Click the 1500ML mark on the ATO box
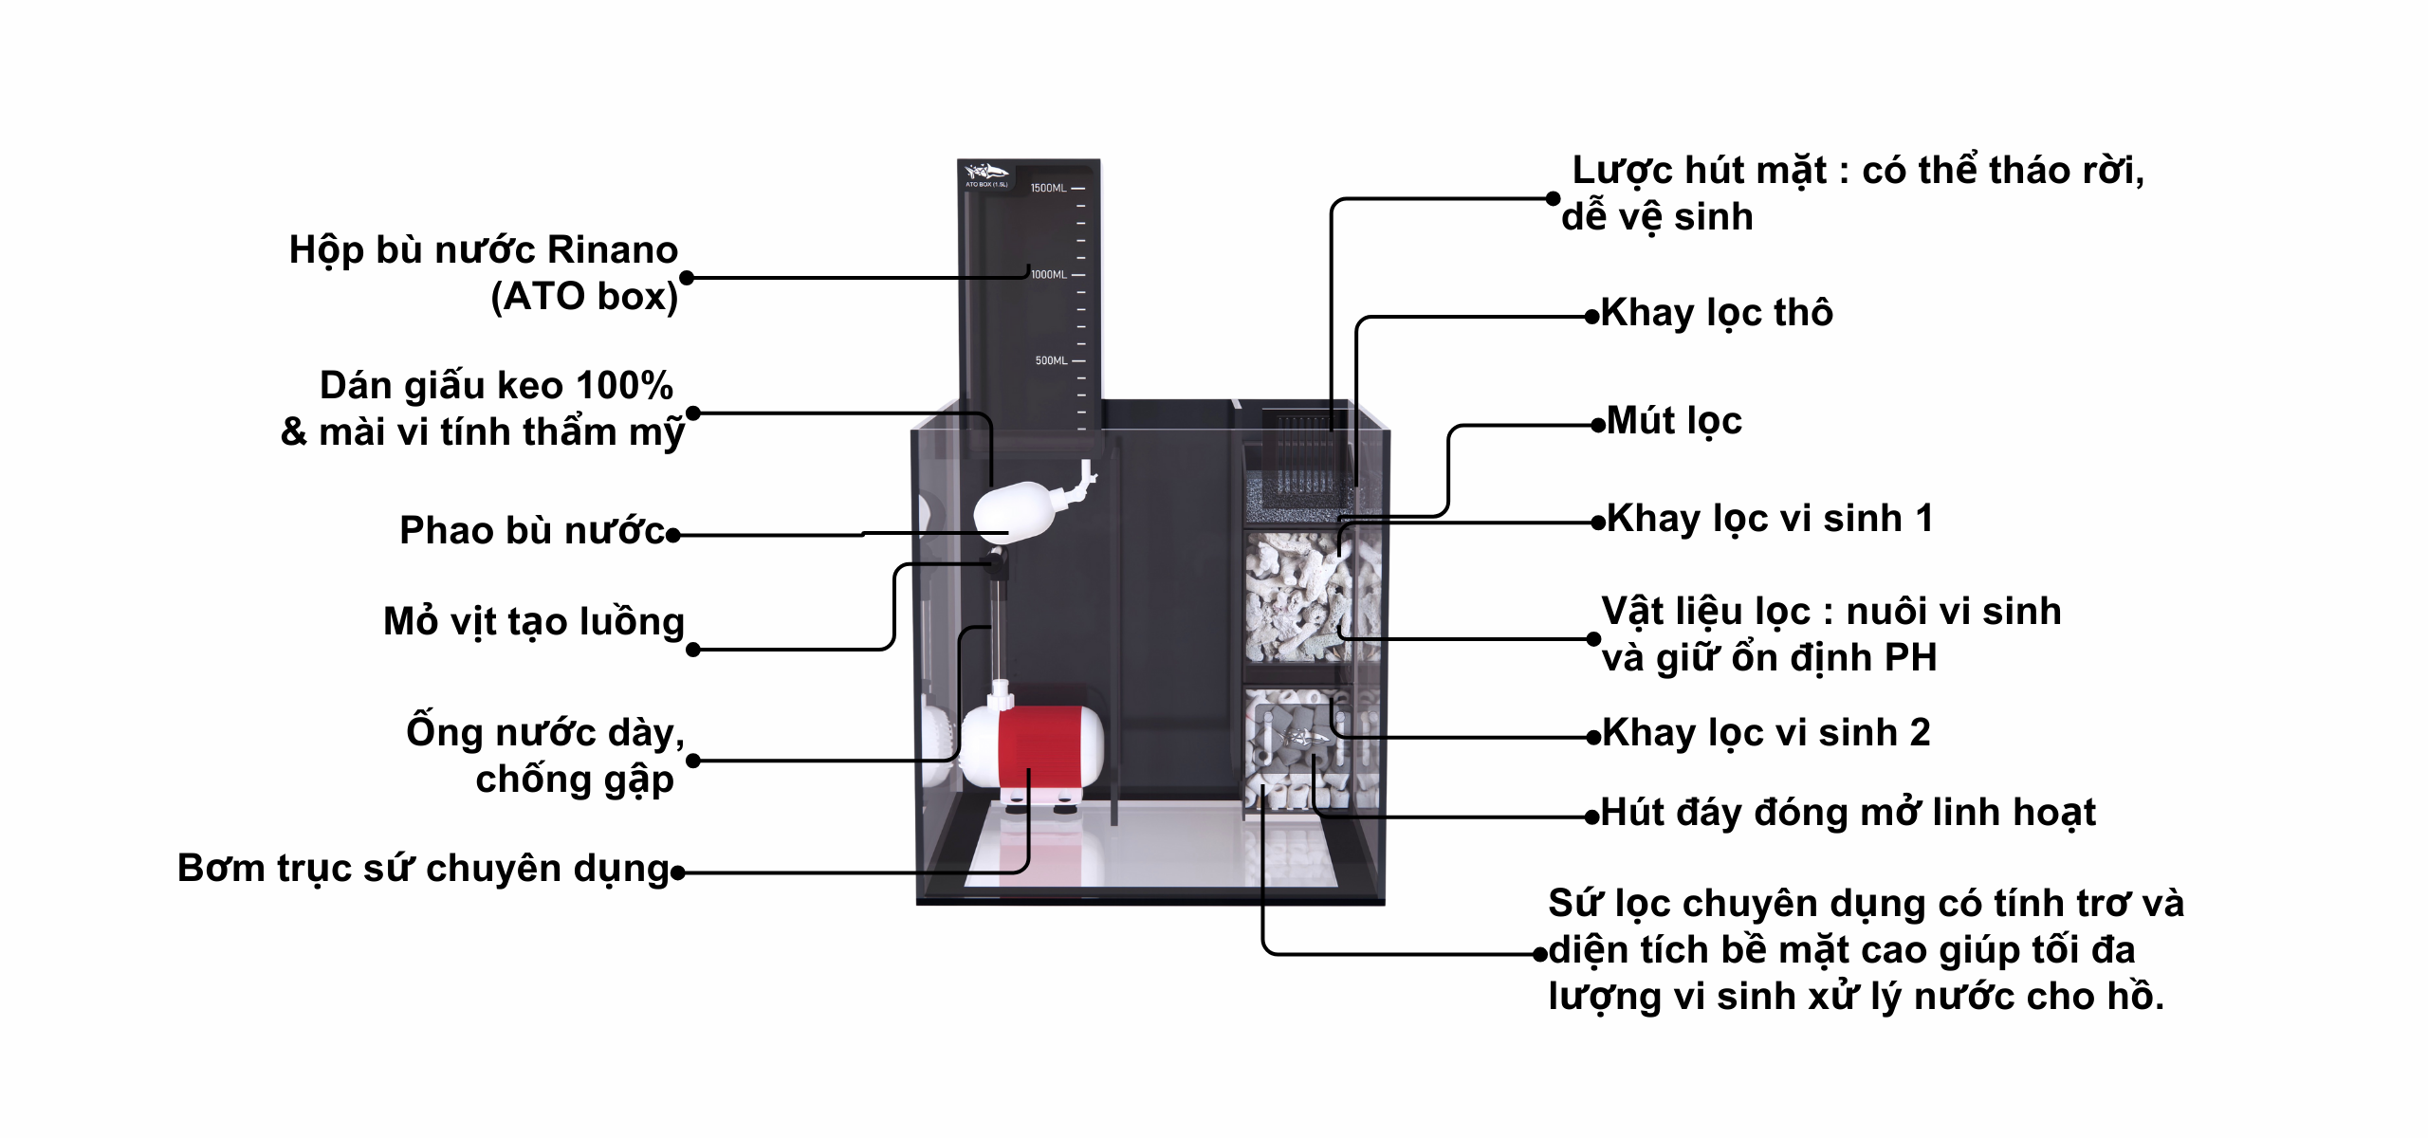1048,188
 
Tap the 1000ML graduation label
1049,274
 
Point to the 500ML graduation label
1051,360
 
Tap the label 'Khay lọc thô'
1717,313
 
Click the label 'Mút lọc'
1674,421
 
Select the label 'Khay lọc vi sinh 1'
1769,519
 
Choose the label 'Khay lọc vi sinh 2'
1766,733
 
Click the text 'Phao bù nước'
532,531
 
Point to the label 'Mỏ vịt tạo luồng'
534,622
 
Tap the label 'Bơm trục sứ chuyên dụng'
424,869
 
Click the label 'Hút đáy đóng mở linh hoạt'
1848,813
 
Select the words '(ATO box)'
584,297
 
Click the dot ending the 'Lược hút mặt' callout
1553,198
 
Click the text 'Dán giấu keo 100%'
496,386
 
